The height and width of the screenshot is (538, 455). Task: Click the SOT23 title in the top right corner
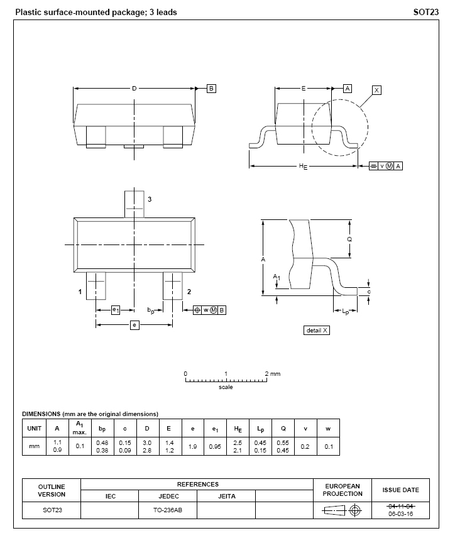point(425,13)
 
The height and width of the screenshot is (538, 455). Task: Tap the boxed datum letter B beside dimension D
point(211,89)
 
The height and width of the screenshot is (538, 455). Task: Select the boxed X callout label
point(376,91)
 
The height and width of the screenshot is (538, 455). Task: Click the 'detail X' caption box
point(316,331)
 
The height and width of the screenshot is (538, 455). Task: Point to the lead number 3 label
point(150,199)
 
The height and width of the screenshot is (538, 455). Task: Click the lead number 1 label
point(80,292)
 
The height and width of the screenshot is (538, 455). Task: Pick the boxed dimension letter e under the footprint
point(134,325)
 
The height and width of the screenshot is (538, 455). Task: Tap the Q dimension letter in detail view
point(349,239)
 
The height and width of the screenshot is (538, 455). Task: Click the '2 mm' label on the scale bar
point(273,374)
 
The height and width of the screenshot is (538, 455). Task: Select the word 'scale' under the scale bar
point(226,387)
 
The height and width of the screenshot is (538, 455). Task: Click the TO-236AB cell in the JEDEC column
point(168,510)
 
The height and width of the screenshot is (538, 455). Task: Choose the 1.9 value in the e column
point(192,446)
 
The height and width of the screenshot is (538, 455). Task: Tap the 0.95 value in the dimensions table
point(215,446)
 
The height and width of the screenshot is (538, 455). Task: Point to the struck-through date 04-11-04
point(400,506)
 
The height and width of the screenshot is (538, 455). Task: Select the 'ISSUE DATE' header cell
point(400,490)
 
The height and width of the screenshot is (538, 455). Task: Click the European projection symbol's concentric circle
point(356,510)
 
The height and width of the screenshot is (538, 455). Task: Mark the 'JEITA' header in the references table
point(226,497)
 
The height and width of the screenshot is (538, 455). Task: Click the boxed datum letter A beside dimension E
point(347,89)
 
